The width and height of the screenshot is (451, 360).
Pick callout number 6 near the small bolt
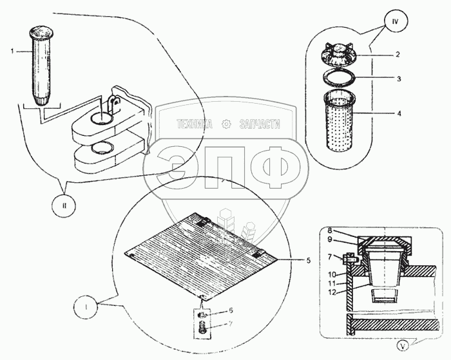point(222,311)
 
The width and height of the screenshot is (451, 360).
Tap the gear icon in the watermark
point(225,124)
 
